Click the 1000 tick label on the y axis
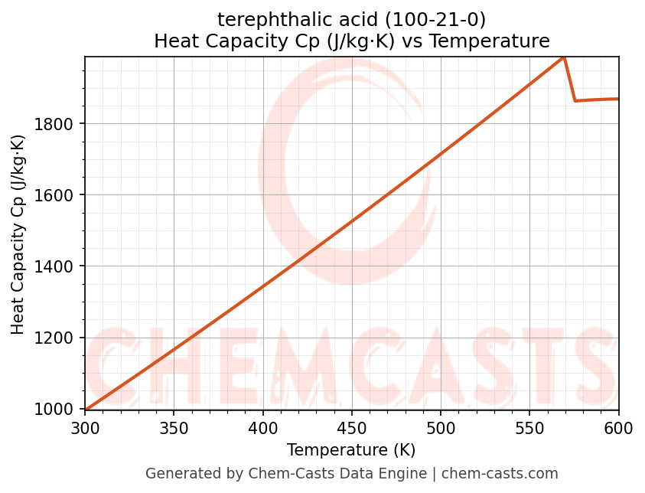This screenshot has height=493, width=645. [60, 410]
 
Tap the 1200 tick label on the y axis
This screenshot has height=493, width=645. [60, 338]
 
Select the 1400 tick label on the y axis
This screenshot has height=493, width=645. [60, 266]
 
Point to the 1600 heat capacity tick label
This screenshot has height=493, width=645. [60, 195]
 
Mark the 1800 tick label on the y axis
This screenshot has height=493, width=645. [60, 124]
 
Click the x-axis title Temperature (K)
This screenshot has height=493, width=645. [351, 450]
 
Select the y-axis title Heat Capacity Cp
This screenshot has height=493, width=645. [18, 233]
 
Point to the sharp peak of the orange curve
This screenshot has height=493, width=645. [564, 57]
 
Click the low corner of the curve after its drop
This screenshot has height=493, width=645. [575, 100]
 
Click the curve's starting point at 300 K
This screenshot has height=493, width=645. [86, 409]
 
